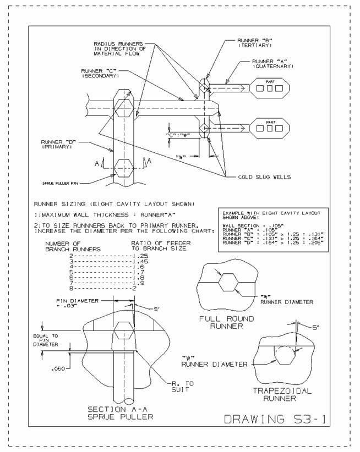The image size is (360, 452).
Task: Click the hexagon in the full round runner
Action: pyautogui.click(x=226, y=283)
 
